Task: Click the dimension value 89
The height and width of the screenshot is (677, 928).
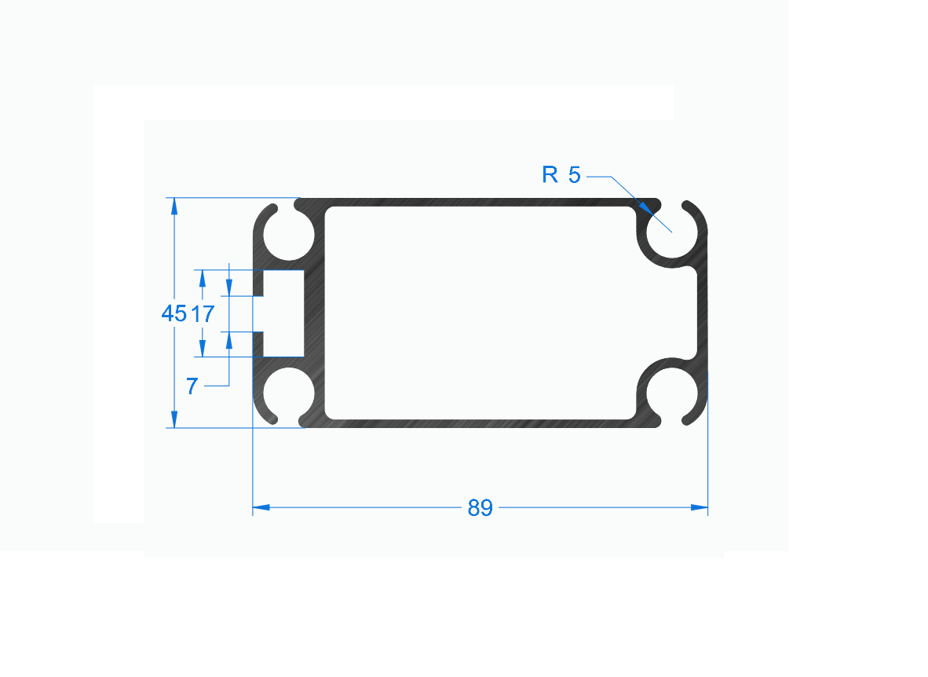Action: pyautogui.click(x=480, y=507)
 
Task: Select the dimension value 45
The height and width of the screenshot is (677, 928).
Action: pyautogui.click(x=174, y=313)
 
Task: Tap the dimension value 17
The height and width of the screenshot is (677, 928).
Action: pyautogui.click(x=203, y=314)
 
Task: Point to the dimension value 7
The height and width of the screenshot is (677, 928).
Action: pyautogui.click(x=192, y=386)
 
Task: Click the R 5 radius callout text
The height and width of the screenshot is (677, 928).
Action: pyautogui.click(x=561, y=174)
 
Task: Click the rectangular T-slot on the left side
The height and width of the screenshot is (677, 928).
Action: pyautogui.click(x=283, y=313)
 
